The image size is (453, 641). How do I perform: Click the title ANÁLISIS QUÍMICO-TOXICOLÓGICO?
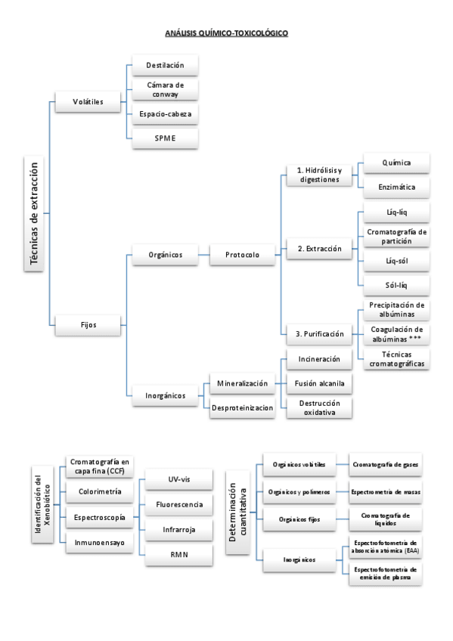tap(226, 33)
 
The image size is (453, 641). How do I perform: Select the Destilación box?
tap(165, 66)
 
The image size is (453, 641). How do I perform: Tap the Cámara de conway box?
tap(165, 89)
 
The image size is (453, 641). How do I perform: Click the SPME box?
tap(165, 138)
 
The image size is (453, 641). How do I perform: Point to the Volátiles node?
tap(88, 101)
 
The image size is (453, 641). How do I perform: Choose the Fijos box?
tap(88, 325)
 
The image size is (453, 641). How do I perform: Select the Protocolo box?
tap(242, 255)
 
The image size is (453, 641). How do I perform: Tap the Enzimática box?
tap(397, 187)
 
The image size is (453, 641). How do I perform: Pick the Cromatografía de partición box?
tap(397, 236)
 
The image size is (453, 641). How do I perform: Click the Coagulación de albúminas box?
tap(397, 334)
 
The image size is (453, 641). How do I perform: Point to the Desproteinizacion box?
tap(242, 408)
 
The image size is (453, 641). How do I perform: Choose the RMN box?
tap(178, 556)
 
